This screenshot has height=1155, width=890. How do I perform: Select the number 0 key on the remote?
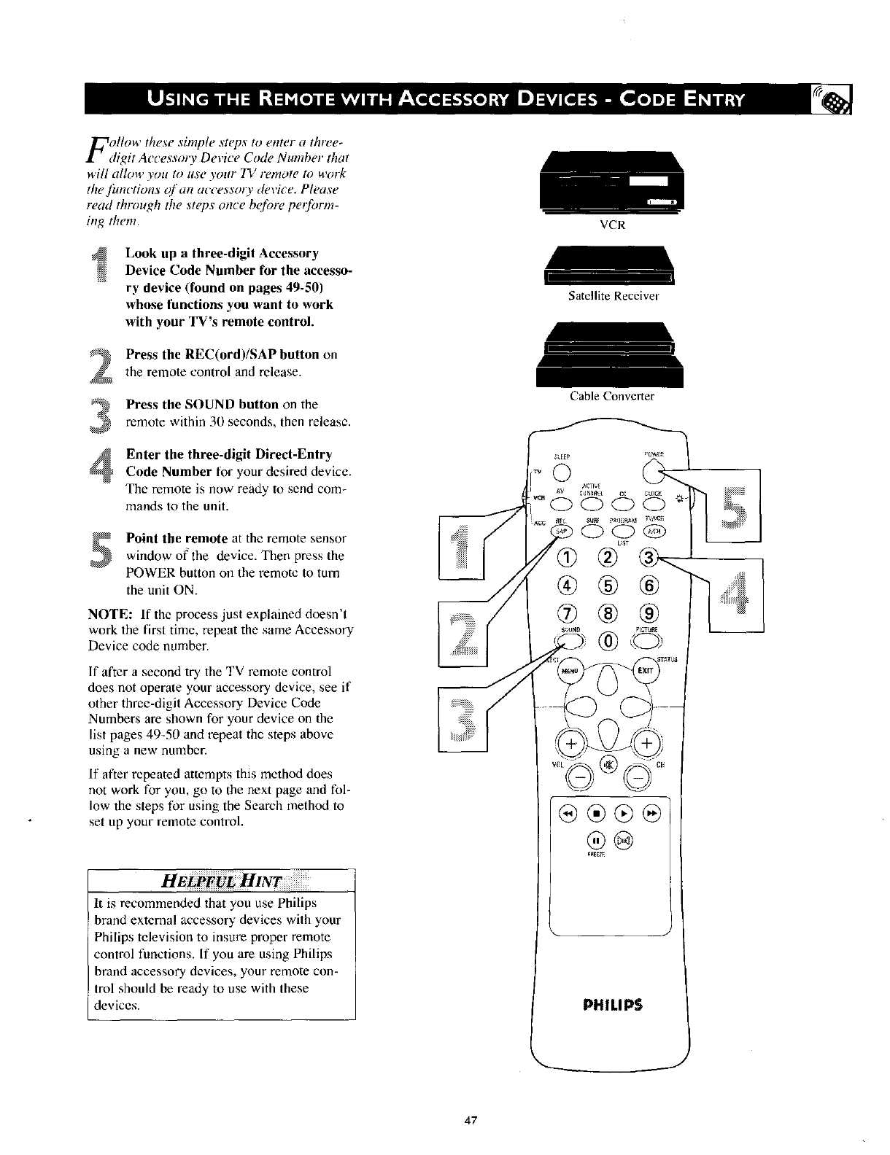[x=607, y=642]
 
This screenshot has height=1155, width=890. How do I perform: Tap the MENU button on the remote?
[x=568, y=670]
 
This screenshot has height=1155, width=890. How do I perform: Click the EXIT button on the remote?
[x=646, y=669]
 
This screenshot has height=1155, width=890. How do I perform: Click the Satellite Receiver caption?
[x=613, y=296]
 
